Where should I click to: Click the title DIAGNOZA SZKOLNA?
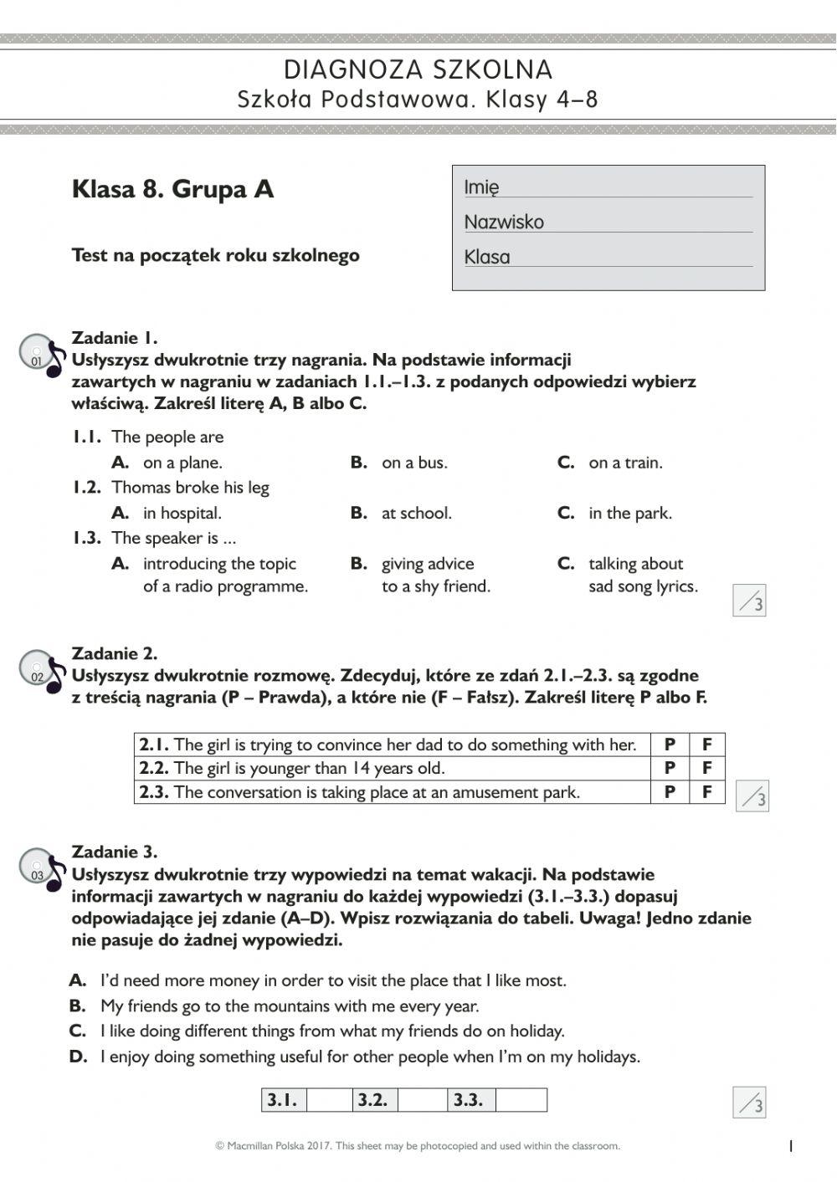coord(418,69)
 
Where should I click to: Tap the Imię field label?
coord(481,187)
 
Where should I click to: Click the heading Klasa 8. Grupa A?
coord(173,189)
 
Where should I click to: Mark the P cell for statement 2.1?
coord(670,745)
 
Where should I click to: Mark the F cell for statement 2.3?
coord(707,792)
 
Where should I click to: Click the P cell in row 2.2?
coord(670,768)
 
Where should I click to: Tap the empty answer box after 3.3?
coord(521,1100)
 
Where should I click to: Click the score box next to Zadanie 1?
coord(749,601)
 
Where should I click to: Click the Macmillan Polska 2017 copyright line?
coord(418,1146)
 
